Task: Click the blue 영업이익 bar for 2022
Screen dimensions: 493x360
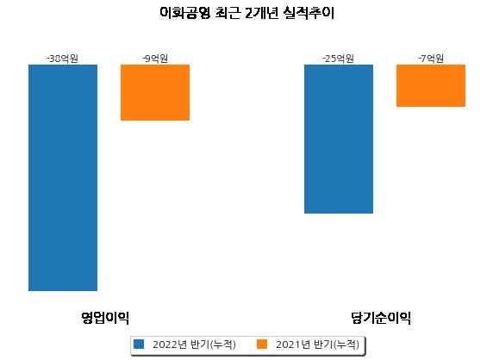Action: (x=63, y=177)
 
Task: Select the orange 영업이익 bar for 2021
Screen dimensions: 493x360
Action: (x=155, y=92)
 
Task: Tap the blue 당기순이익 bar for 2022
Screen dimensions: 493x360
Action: (x=339, y=140)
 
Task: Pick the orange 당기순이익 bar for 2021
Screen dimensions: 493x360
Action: (x=431, y=86)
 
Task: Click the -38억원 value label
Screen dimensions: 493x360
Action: (x=63, y=59)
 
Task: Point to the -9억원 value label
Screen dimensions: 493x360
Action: (x=155, y=59)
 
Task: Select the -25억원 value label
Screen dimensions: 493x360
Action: (x=339, y=59)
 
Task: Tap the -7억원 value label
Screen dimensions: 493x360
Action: (x=431, y=59)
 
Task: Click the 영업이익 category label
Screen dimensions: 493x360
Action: (x=105, y=318)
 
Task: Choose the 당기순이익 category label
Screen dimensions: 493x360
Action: (x=381, y=318)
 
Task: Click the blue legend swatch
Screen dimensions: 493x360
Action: (x=139, y=344)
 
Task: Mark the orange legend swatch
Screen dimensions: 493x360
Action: (x=262, y=344)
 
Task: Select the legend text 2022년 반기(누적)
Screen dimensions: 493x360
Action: (x=194, y=344)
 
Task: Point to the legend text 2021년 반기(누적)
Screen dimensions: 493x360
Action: (x=317, y=344)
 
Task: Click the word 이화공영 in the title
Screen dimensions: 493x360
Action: (x=184, y=13)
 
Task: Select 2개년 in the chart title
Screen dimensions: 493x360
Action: (x=262, y=13)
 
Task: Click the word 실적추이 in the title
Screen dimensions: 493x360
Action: (x=309, y=13)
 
